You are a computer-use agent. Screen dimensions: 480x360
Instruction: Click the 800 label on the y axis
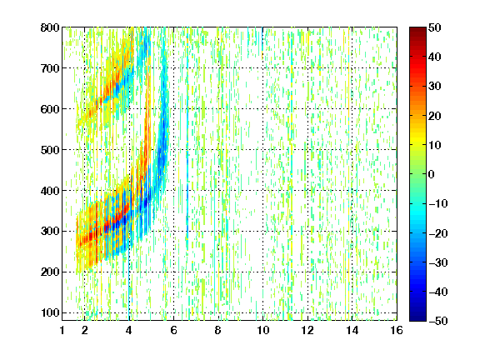point(50,27)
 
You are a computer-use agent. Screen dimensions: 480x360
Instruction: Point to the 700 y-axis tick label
point(50,68)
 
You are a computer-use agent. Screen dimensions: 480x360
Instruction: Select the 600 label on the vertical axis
point(50,109)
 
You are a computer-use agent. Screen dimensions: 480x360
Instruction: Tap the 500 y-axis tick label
point(50,150)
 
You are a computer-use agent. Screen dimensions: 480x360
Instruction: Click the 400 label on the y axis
point(50,190)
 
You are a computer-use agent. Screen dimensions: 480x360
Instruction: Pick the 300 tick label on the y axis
point(50,231)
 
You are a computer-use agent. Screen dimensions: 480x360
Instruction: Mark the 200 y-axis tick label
point(50,272)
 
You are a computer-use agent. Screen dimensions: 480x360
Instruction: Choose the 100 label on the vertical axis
point(50,312)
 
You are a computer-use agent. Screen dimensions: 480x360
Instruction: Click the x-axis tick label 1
point(62,330)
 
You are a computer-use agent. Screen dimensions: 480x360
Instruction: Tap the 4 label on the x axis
point(129,330)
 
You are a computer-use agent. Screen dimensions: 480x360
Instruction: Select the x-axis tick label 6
point(173,330)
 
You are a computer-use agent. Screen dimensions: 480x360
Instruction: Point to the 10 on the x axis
point(262,330)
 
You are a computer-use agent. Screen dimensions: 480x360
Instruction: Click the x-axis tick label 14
point(352,330)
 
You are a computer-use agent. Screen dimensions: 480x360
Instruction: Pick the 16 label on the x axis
point(397,330)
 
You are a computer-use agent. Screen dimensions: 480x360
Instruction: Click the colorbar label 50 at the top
point(435,27)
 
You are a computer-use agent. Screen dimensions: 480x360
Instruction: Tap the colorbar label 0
point(432,174)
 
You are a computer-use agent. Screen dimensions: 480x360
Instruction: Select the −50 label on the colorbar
point(438,321)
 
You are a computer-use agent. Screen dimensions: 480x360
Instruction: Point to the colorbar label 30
point(435,87)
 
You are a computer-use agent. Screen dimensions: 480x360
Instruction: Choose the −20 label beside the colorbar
point(438,233)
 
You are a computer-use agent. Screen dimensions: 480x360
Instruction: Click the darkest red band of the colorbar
point(417,30)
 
